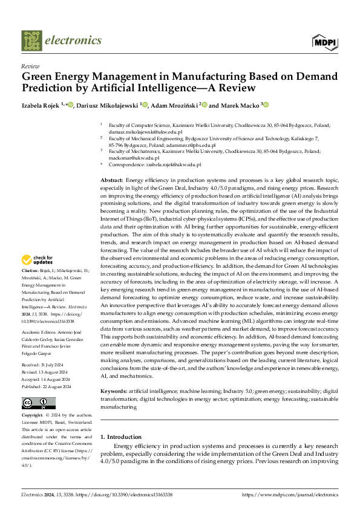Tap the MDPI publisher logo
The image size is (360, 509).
pyautogui.click(x=326, y=41)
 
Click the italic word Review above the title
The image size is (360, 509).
pyautogui.click(x=30, y=66)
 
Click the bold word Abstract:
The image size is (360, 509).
pyautogui.click(x=111, y=181)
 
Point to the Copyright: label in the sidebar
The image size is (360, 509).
pyautogui.click(x=33, y=416)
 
